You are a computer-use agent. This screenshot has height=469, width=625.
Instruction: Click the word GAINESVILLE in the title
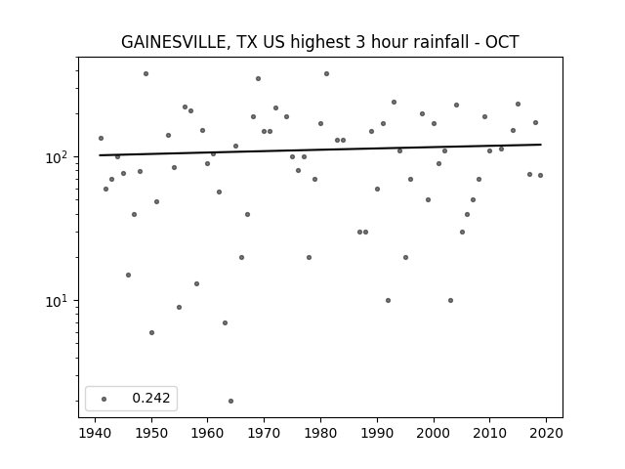pyautogui.click(x=174, y=42)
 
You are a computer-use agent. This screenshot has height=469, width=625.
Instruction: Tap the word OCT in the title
pyautogui.click(x=502, y=42)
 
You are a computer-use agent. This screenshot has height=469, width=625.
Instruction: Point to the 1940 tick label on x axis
pyautogui.click(x=96, y=433)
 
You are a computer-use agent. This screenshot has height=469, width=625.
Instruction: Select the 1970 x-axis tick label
pyautogui.click(x=265, y=433)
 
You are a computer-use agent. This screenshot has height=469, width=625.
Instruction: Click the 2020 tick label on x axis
pyautogui.click(x=546, y=433)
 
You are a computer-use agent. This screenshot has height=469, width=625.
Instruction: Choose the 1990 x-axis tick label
pyautogui.click(x=377, y=433)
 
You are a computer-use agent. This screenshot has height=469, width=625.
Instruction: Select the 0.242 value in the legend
pyautogui.click(x=151, y=398)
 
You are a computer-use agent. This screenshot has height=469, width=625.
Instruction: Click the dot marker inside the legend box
pyautogui.click(x=104, y=399)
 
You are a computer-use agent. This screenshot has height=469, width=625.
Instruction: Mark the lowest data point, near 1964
pyautogui.click(x=230, y=401)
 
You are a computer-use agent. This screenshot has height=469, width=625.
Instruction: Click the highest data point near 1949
pyautogui.click(x=146, y=74)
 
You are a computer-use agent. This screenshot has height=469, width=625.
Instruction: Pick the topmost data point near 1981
pyautogui.click(x=326, y=74)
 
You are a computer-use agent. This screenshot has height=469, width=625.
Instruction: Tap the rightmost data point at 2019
pyautogui.click(x=540, y=175)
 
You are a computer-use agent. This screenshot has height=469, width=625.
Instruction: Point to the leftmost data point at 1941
pyautogui.click(x=101, y=138)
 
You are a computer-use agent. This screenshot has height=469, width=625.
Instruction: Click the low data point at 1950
pyautogui.click(x=151, y=332)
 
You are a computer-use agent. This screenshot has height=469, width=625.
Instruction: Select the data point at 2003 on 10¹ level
pyautogui.click(x=450, y=300)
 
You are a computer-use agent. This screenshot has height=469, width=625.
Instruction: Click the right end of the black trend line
pyautogui.click(x=541, y=145)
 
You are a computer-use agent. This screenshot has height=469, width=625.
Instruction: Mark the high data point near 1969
pyautogui.click(x=258, y=78)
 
